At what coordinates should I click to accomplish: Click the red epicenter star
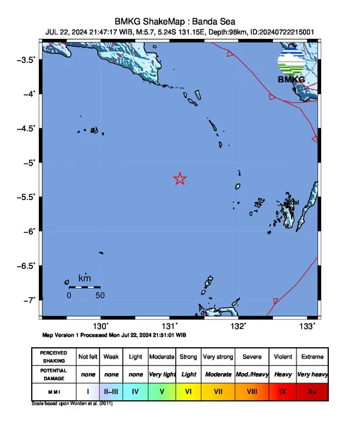pos(180,179)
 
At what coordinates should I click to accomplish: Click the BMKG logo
pos(291,67)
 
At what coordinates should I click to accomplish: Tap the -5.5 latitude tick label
pos(26,197)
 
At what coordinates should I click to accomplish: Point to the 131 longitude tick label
pos(169,326)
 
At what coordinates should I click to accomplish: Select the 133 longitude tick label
pos(307,326)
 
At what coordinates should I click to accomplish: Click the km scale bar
pos(84,287)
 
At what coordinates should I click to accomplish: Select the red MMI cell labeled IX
pos(283,391)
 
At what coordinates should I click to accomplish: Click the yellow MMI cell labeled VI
pos(189,391)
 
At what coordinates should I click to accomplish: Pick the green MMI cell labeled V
pos(161,391)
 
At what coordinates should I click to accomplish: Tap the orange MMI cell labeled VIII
pos(252,391)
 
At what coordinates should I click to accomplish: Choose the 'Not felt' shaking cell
pos(88,357)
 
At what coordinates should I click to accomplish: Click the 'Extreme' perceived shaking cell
pos(312,357)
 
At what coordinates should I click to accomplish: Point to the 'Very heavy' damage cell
pos(312,374)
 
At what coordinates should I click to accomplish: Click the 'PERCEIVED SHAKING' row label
pos(54,357)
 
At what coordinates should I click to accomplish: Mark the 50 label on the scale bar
pos(100,295)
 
